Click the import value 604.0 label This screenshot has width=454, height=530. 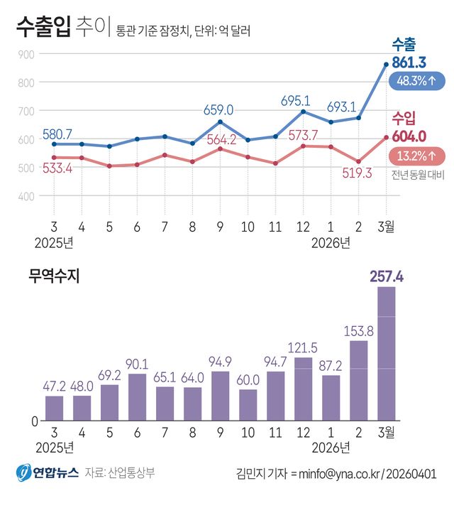(409, 136)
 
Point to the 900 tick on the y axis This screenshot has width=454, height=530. (26, 55)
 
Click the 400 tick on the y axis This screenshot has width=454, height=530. (26, 196)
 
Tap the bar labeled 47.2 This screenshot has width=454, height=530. (54, 408)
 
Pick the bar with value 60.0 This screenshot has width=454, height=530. (248, 404)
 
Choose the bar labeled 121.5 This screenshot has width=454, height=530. (303, 388)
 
